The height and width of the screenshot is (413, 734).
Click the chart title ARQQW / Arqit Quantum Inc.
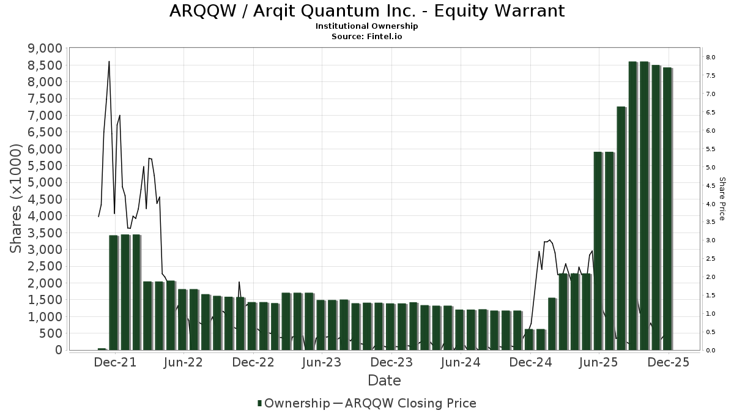coord(366,11)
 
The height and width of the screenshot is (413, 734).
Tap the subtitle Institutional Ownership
coord(366,26)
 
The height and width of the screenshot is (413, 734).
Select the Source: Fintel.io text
coord(366,37)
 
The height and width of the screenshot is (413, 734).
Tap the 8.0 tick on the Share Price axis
coord(711,57)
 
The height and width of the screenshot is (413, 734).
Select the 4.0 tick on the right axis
coord(711,204)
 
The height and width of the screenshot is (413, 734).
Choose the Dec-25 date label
coord(669,362)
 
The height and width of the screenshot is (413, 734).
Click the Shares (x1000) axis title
coord(17,199)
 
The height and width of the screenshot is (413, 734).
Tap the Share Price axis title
coord(722,199)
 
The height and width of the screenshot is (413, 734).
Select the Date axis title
coord(384,381)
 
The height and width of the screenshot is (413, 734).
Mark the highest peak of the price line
coord(109,61)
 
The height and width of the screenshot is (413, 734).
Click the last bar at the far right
coord(667,209)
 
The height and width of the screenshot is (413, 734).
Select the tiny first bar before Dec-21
coord(102,349)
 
